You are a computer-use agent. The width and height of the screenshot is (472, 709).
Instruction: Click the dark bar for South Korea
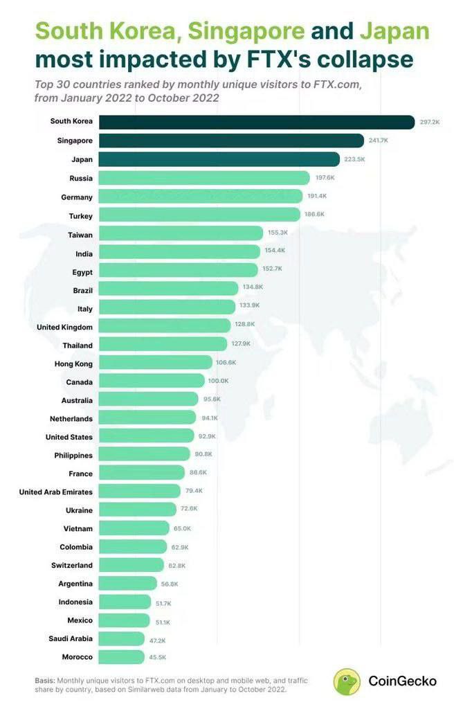pyautogui.click(x=256, y=122)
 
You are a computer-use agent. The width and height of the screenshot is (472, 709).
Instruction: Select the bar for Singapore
pyautogui.click(x=231, y=141)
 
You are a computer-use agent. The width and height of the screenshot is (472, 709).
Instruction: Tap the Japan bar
pyautogui.click(x=219, y=159)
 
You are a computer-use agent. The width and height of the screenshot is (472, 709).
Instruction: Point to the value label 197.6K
pyautogui.click(x=325, y=178)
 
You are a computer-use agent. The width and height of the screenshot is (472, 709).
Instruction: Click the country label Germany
pyautogui.click(x=77, y=197)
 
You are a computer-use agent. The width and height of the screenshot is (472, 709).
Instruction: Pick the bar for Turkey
pyautogui.click(x=199, y=215)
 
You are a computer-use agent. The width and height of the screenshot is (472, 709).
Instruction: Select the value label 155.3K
pyautogui.click(x=278, y=233)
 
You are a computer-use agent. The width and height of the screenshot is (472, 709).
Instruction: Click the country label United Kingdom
pyautogui.click(x=64, y=326)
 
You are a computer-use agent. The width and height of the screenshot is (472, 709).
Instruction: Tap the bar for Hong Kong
pyautogui.click(x=156, y=362)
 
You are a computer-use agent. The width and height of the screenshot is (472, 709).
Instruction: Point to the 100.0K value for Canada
pyautogui.click(x=219, y=381)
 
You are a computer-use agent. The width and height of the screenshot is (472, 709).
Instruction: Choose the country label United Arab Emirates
pyautogui.click(x=55, y=492)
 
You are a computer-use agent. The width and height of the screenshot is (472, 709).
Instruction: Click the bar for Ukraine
pyautogui.click(x=138, y=510)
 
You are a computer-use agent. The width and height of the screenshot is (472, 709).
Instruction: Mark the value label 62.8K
pyautogui.click(x=177, y=565)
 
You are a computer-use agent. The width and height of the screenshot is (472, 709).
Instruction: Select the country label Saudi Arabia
pyautogui.click(x=71, y=638)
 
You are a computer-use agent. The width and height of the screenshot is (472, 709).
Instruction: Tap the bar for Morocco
pyautogui.click(x=122, y=657)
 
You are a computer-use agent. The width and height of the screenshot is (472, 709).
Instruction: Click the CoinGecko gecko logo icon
pyautogui.click(x=347, y=681)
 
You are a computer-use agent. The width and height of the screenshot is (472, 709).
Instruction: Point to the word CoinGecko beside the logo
pyautogui.click(x=402, y=681)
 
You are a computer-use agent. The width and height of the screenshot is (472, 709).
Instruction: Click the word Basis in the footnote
pyautogui.click(x=44, y=680)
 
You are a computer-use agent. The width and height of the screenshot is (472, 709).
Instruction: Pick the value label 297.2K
pyautogui.click(x=429, y=122)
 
